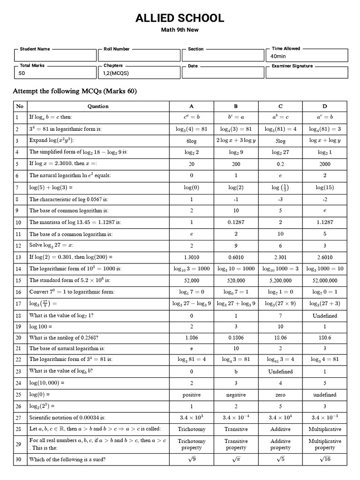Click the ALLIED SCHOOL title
pyautogui.click(x=180, y=18)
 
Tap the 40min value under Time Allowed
pyautogui.click(x=278, y=56)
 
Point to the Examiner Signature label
pyautogui.click(x=292, y=66)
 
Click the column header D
pyautogui.click(x=324, y=106)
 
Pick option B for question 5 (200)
pyautogui.click(x=236, y=164)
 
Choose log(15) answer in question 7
pyautogui.click(x=324, y=187)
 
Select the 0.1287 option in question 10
pyautogui.click(x=236, y=223)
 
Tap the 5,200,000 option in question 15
pyautogui.click(x=280, y=281)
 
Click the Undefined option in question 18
pyautogui.click(x=324, y=315)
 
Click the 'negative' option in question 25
pyautogui.click(x=236, y=395)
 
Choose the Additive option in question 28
pyautogui.click(x=280, y=429)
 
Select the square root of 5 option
pyautogui.click(x=280, y=459)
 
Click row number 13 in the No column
pyautogui.click(x=19, y=257)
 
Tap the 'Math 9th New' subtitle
pyautogui.click(x=180, y=31)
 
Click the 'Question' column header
pyautogui.click(x=98, y=106)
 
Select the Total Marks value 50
pyautogui.click(x=22, y=74)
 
